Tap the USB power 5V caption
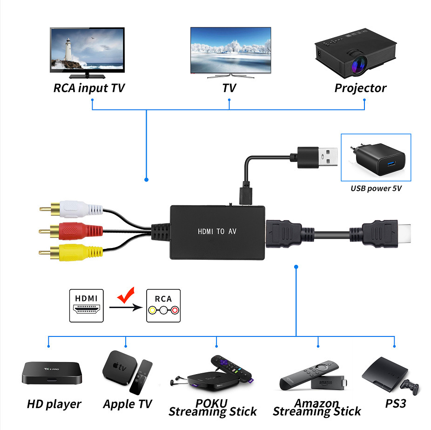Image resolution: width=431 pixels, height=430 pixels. [376, 188]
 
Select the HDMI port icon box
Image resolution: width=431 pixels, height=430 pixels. [86, 306]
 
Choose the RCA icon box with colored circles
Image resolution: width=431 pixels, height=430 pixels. [163, 306]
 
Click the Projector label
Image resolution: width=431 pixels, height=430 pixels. [360, 88]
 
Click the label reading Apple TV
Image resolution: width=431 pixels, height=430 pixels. [128, 404]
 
